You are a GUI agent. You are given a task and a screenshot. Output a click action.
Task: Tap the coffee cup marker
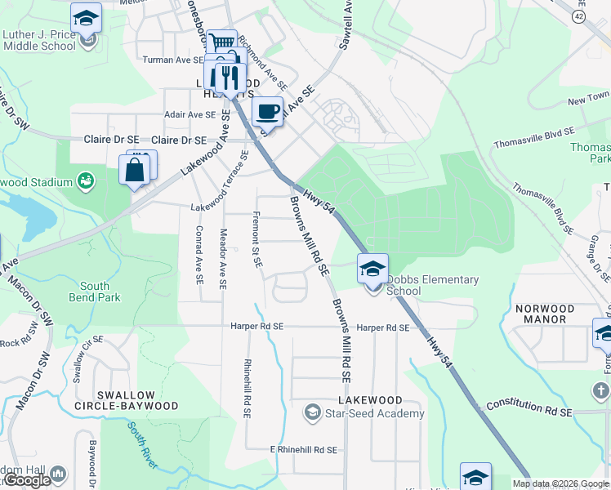[268, 111]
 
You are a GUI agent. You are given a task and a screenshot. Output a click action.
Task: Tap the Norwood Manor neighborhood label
[545, 315]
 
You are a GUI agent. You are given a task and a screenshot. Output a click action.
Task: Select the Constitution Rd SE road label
[529, 409]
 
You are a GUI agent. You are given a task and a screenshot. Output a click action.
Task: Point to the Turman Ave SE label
[173, 60]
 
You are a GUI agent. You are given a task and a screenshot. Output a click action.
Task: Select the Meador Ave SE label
[222, 257]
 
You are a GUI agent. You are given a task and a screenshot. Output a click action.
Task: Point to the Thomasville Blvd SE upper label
[534, 138]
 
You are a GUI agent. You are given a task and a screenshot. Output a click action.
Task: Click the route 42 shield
[579, 17]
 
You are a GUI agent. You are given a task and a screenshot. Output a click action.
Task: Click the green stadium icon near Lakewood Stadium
[85, 180]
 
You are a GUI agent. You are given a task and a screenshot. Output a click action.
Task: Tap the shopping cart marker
[221, 42]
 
